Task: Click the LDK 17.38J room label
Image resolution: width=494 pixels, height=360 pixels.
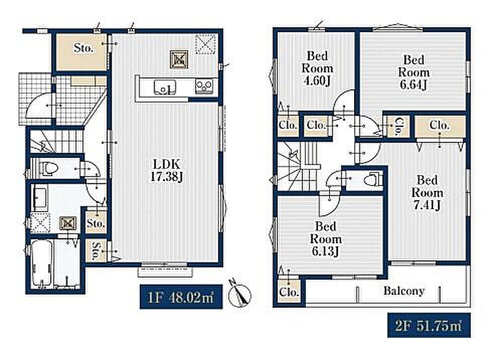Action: [167, 170]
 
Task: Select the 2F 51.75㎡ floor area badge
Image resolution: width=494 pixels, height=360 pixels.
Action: [429, 325]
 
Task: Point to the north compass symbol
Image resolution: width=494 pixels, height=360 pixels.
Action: [239, 293]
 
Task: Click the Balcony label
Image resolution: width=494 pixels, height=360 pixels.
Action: [404, 291]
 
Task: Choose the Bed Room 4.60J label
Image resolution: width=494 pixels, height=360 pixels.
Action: [317, 68]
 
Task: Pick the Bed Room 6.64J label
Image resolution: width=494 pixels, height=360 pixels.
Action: [414, 72]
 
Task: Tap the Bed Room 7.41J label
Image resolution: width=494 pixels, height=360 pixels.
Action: [427, 193]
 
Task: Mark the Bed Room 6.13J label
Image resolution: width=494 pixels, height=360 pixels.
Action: [326, 239]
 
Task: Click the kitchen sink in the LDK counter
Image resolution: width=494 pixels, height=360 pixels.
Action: [165, 87]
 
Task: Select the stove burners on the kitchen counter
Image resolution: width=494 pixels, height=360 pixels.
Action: [204, 85]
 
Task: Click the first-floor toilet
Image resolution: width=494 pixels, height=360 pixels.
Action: [48, 168]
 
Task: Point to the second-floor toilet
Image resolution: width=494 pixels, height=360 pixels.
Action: [373, 180]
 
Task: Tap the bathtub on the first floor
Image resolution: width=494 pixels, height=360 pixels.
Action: [41, 263]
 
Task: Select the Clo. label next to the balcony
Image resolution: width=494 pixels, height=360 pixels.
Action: [289, 292]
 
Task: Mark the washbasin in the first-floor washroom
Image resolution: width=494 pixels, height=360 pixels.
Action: [40, 199]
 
